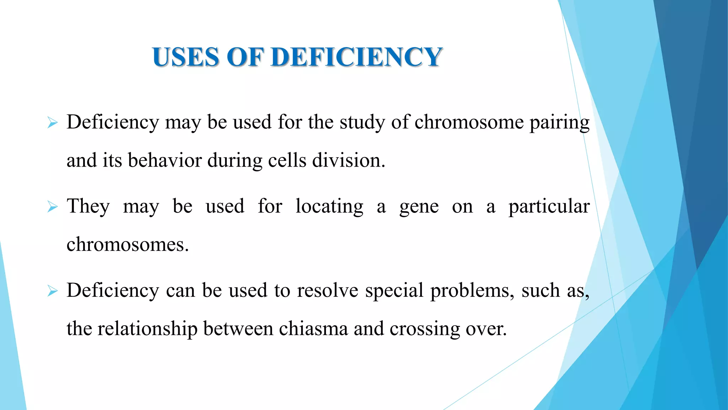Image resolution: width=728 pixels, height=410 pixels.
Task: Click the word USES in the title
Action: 186,57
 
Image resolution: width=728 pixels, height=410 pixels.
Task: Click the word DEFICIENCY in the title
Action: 357,57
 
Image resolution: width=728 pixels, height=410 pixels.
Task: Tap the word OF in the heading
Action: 245,57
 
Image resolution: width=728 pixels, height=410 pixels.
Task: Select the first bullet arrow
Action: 52,123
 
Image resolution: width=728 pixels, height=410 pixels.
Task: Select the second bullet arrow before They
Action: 52,207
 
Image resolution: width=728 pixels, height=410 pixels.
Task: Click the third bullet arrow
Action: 52,291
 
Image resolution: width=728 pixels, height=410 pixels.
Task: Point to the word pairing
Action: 559,123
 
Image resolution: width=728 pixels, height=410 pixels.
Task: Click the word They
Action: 88,206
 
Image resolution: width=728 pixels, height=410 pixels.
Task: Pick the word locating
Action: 329,206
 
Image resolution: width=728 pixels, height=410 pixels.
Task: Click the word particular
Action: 549,206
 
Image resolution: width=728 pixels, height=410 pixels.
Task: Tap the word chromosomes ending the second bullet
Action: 127,245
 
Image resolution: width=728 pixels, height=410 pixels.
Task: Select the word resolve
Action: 327,290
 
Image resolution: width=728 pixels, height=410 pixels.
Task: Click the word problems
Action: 472,291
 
